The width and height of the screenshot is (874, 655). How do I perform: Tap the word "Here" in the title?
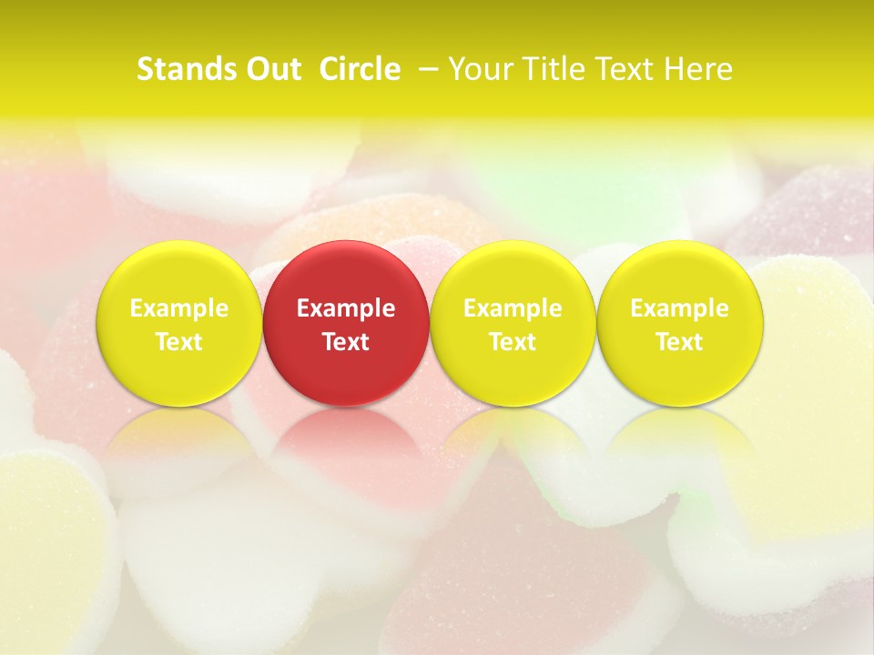(699, 69)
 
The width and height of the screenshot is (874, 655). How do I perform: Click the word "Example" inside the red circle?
(346, 308)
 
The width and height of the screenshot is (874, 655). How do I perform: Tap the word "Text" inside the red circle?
(346, 342)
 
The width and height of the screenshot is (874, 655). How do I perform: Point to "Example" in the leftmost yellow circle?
(178, 308)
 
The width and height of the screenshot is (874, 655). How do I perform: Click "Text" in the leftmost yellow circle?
(178, 342)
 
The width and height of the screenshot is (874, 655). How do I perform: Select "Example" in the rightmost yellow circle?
(680, 308)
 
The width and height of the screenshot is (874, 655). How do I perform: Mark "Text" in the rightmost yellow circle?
(680, 342)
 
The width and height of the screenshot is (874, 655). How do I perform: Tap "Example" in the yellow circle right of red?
(513, 308)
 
